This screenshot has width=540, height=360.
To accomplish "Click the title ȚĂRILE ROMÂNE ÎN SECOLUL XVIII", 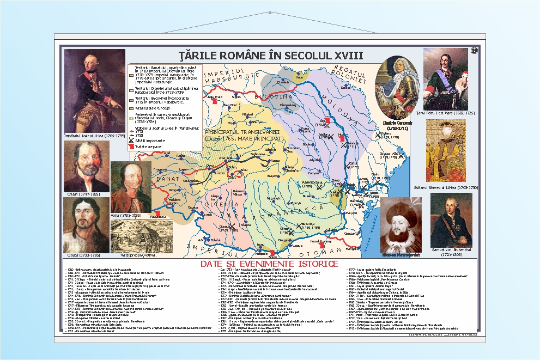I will tap(271, 55).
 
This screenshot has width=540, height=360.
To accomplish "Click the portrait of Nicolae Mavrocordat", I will tap(401, 223).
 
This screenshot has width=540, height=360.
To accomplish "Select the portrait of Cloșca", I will tap(86, 224).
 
